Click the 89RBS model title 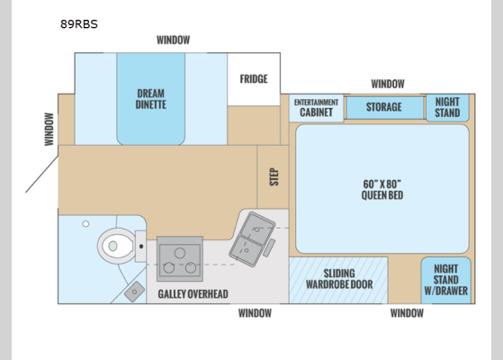tap(79, 24)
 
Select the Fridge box tap(254, 79)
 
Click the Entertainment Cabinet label tap(315, 108)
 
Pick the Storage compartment tap(384, 107)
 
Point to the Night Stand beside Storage tap(446, 107)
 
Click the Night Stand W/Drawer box tap(445, 280)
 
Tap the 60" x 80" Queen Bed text tap(382, 189)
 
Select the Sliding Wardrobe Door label tap(337, 280)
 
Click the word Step tap(274, 176)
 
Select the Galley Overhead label tap(193, 294)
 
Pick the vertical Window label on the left tap(49, 129)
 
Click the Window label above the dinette tap(173, 40)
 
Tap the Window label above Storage tap(388, 84)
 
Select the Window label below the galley tap(255, 313)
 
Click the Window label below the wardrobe tap(407, 313)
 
